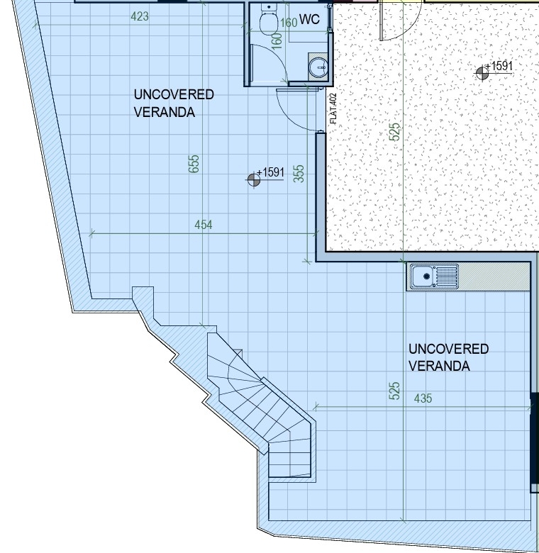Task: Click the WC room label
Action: coord(309,19)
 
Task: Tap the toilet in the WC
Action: coord(268,18)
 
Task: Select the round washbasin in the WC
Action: coord(319,67)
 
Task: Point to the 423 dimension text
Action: coord(140,16)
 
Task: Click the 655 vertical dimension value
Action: coord(194,164)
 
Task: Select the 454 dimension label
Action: coord(204,225)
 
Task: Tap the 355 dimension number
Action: coord(299,174)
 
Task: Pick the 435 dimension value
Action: coord(423,398)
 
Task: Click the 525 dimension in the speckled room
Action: coord(395,132)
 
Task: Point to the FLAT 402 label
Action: coord(333,108)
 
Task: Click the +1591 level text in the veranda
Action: coord(270,172)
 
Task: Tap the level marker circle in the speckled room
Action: coord(482,73)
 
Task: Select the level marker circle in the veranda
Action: coord(254,180)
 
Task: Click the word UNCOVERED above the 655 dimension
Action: coord(174,94)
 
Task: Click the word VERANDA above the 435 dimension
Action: coord(439,366)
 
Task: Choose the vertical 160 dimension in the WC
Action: coord(277,41)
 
